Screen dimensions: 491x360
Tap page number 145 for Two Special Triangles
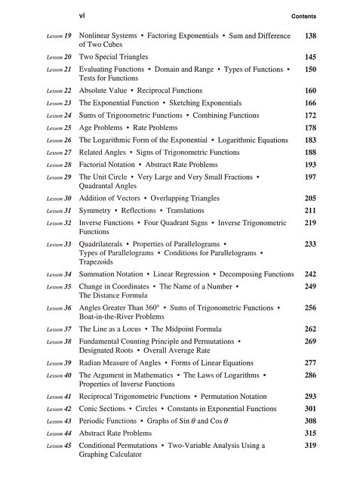tap(309, 57)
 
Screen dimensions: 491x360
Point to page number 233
tap(309, 245)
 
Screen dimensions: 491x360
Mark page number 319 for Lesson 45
tap(309, 446)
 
